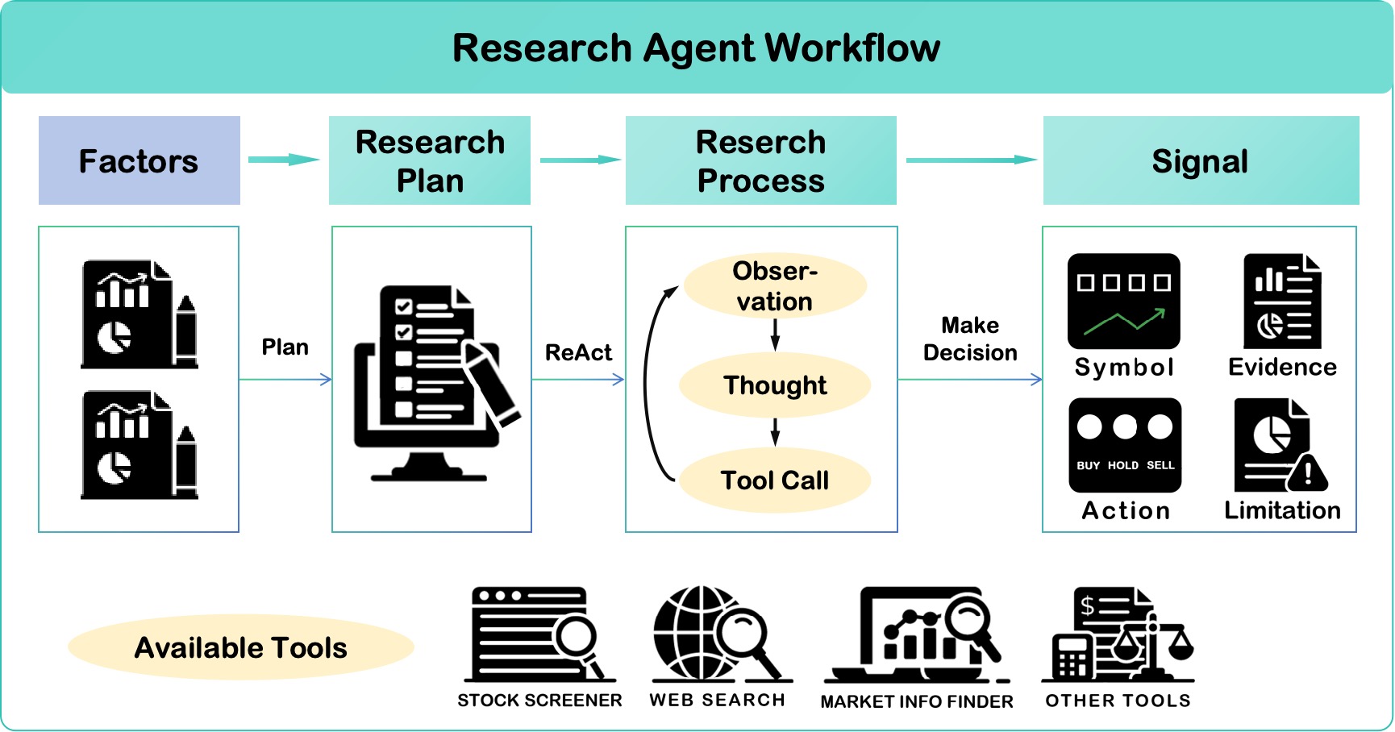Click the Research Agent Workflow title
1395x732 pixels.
click(x=696, y=48)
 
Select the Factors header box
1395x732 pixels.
click(x=139, y=160)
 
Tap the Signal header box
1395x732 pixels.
click(x=1200, y=160)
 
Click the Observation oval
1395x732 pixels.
click(x=775, y=285)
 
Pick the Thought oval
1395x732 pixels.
click(x=775, y=385)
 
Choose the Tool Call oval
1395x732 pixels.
click(x=775, y=480)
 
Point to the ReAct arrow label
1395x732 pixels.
click(x=578, y=352)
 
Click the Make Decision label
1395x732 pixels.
click(x=970, y=339)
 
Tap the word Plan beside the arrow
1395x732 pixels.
click(x=285, y=347)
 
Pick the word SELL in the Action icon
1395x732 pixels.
click(x=1160, y=465)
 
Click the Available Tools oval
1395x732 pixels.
click(x=240, y=647)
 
